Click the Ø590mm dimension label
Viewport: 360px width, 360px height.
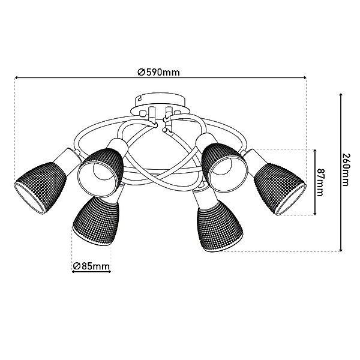point(158,73)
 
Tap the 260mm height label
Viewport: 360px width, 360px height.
point(345,169)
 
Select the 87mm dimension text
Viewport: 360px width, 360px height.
point(320,182)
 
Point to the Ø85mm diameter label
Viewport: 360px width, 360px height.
point(91,266)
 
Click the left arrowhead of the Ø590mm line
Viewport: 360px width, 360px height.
point(16,78)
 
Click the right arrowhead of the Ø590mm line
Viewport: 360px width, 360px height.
point(305,78)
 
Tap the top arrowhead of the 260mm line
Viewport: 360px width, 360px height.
point(341,95)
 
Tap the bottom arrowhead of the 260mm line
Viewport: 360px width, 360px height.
point(341,250)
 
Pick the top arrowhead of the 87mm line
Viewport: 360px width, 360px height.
point(315,151)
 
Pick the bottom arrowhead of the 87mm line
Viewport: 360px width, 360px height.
point(315,214)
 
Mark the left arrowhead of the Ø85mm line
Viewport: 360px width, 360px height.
point(73,272)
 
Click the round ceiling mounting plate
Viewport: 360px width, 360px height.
point(160,104)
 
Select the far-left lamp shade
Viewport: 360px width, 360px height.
point(40,188)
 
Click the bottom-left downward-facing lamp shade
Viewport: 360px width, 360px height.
point(96,221)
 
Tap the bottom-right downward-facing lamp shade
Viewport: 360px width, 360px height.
point(220,226)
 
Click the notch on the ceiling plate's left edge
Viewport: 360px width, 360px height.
point(139,99)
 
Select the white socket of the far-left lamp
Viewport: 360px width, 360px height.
point(67,160)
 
